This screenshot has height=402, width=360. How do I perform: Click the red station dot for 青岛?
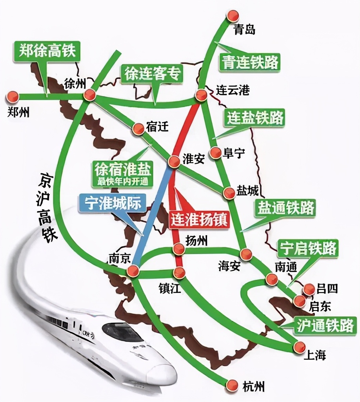click(234, 16)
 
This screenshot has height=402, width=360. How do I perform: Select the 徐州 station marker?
click(90, 95)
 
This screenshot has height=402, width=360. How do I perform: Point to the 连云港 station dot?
click(202, 95)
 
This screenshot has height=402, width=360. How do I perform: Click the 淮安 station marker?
click(174, 161)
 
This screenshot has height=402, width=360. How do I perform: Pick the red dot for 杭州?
click(233, 385)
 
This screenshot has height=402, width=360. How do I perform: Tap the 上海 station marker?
click(300, 346)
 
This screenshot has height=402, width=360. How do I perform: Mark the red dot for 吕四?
click(309, 289)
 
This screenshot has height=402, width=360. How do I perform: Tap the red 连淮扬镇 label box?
click(198, 220)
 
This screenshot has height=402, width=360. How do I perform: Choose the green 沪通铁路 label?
click(325, 325)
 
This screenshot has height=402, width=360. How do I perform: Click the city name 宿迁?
click(157, 127)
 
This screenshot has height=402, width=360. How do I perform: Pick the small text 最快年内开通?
click(122, 182)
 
